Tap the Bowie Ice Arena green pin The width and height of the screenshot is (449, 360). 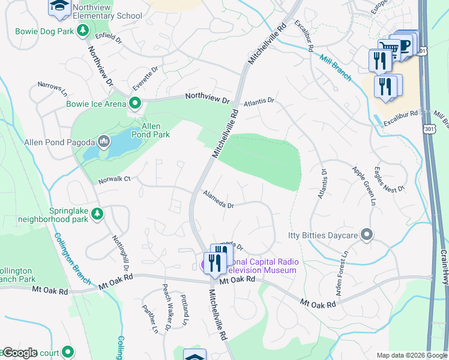tap(135, 104)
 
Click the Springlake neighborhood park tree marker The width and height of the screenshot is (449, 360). tap(97, 214)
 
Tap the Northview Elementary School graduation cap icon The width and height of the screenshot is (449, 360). tap(59, 6)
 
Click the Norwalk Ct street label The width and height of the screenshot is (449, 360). tap(115, 179)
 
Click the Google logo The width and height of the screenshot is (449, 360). tap(19, 353)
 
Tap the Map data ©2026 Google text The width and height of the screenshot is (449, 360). tap(412, 355)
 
